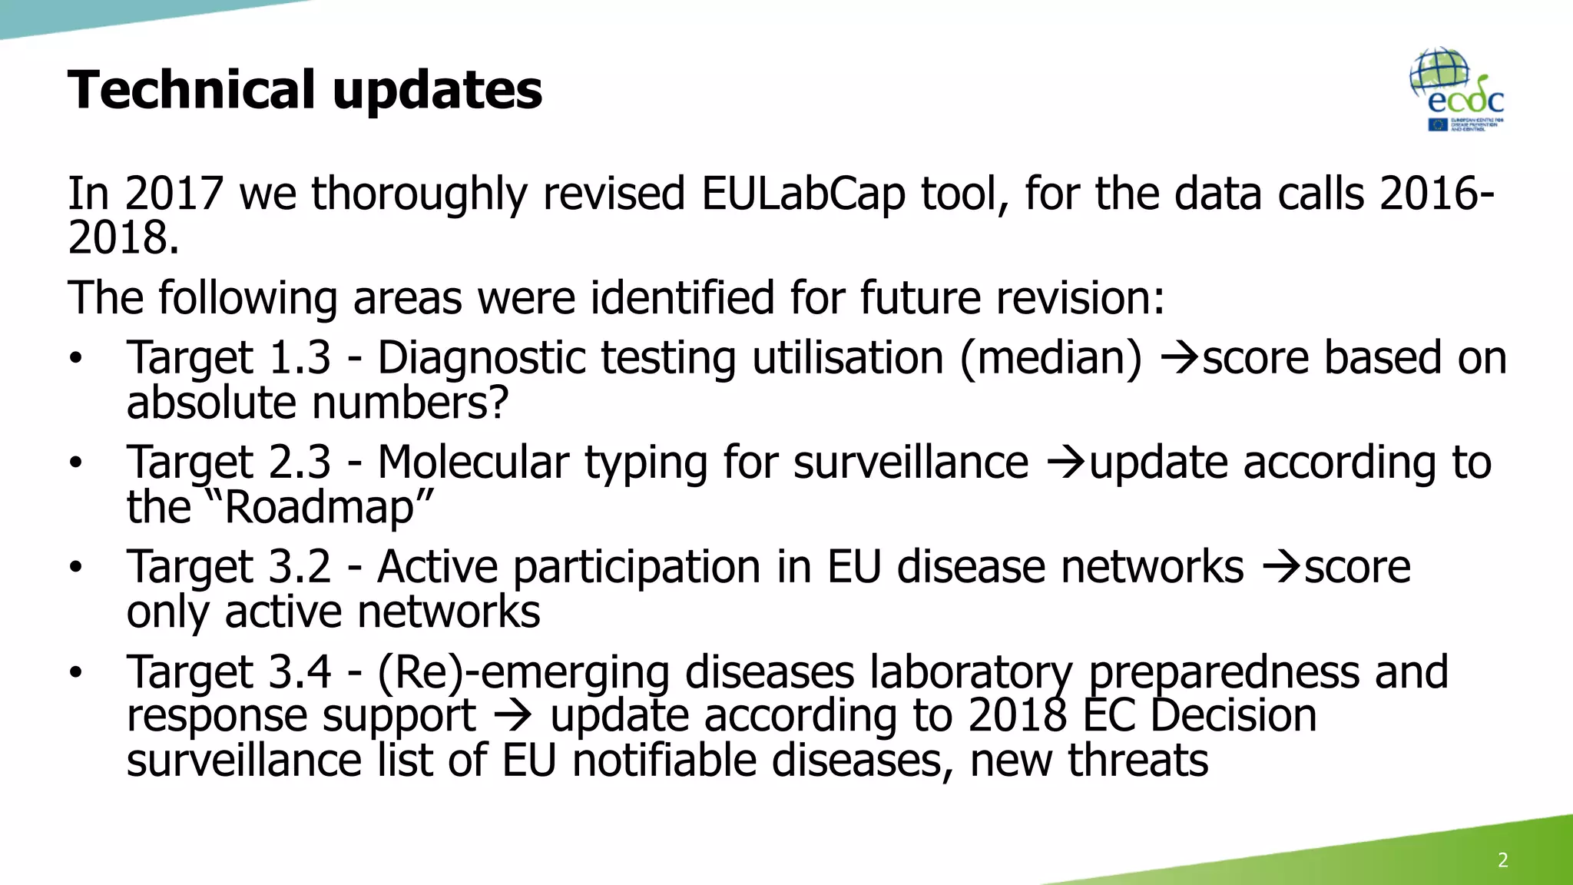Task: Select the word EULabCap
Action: (x=803, y=193)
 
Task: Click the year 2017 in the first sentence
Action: (x=174, y=193)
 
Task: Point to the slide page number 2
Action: (x=1502, y=860)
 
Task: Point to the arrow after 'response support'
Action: (x=512, y=717)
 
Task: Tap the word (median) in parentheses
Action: (x=1051, y=358)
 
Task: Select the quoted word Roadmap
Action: (x=320, y=507)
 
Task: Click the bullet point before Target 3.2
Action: (x=75, y=568)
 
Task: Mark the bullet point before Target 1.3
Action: (x=75, y=359)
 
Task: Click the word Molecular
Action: (x=473, y=462)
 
